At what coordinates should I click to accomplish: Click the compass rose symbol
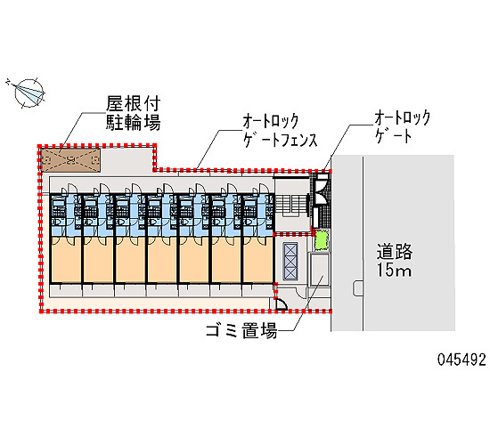(29, 93)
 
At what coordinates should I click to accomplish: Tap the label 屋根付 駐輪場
(133, 113)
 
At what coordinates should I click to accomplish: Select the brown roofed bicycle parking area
(71, 160)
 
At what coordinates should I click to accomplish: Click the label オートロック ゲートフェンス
(281, 131)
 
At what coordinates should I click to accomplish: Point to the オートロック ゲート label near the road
(403, 126)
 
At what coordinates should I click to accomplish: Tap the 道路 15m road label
(395, 261)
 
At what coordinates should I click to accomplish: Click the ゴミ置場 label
(241, 330)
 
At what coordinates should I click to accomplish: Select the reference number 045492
(461, 360)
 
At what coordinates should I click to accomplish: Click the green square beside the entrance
(322, 239)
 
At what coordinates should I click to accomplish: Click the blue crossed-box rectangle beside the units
(290, 261)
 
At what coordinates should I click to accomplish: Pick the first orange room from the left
(66, 260)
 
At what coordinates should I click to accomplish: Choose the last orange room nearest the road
(257, 260)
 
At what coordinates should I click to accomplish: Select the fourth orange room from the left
(162, 260)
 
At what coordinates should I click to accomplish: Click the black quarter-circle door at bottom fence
(281, 304)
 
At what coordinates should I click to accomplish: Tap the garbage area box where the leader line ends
(319, 270)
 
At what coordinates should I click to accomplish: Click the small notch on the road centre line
(358, 288)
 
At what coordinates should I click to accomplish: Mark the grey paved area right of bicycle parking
(127, 160)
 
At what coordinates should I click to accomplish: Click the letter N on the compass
(8, 82)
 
